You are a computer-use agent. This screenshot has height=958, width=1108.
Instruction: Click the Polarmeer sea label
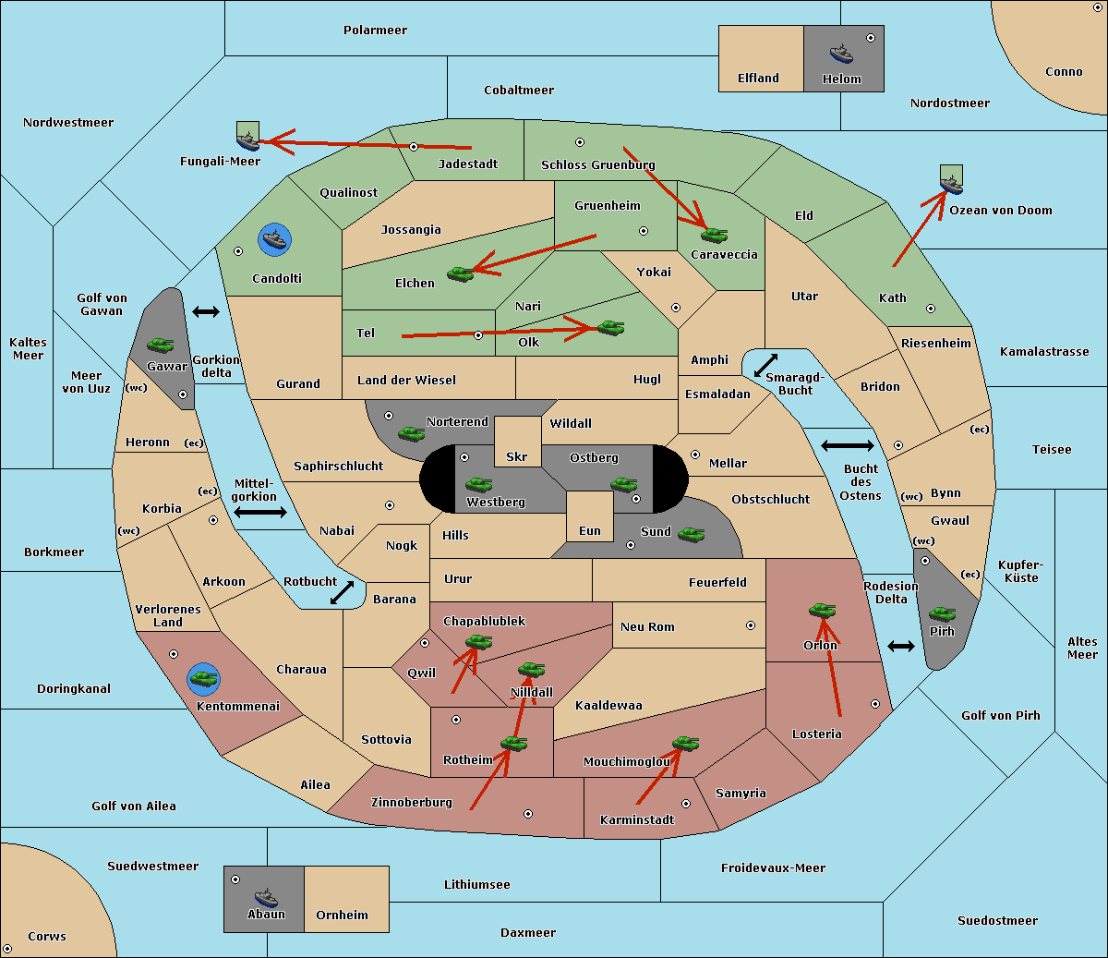coord(375,30)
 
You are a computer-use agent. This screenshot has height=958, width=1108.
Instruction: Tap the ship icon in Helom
coord(840,54)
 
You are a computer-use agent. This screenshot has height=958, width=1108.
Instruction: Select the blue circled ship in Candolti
coord(274,240)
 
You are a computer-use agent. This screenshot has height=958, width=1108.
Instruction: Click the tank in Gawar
coord(161,345)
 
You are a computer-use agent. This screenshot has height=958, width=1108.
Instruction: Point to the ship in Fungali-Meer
coord(247,138)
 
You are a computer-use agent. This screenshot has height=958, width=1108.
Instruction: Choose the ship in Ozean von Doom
coord(950,181)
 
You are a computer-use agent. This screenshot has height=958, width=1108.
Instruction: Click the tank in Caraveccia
coord(714,235)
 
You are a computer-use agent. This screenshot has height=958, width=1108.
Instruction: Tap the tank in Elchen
coord(460,273)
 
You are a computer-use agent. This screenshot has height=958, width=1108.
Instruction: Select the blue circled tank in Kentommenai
coord(203,679)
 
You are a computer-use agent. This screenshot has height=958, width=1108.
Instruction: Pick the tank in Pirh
coord(942,613)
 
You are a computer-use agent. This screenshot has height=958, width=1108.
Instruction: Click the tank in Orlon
coord(821,610)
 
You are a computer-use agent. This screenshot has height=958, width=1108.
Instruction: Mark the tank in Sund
coord(691,534)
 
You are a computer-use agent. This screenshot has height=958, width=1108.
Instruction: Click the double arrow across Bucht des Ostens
coord(847,446)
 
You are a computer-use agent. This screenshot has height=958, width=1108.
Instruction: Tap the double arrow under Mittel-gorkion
coord(260,512)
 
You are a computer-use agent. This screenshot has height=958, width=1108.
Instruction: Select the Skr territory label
coord(517,456)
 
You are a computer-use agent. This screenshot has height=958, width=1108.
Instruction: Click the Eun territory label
coord(590,531)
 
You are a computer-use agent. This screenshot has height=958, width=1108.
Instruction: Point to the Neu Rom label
coord(647,626)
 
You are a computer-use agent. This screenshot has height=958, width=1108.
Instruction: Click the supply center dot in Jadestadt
coord(414,146)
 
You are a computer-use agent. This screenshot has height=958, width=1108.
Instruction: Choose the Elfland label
coord(758,79)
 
